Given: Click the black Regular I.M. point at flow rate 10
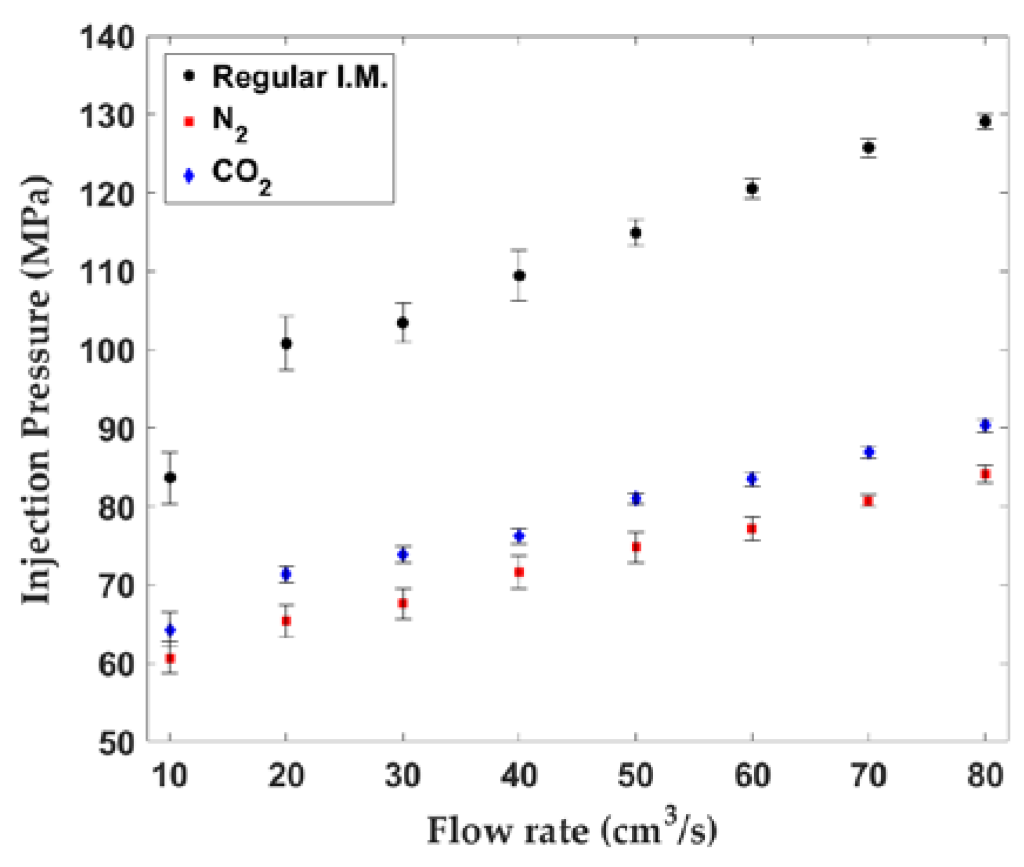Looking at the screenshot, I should click(170, 477).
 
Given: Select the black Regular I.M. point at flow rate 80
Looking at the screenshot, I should click(985, 122).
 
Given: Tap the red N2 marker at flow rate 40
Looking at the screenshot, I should click(519, 572).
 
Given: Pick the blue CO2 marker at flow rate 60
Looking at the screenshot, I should click(752, 479).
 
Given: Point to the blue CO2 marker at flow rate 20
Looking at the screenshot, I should click(286, 574).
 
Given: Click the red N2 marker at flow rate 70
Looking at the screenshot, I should click(868, 501).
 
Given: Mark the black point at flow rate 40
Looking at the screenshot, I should click(519, 276).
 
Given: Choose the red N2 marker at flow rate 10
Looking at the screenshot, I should click(170, 658).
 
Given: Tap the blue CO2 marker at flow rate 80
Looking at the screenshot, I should click(985, 425).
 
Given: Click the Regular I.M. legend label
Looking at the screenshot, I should click(300, 77).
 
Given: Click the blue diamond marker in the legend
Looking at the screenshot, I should click(189, 175).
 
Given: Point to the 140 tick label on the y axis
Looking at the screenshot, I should click(107, 39).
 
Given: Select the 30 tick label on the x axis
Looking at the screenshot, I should click(403, 776).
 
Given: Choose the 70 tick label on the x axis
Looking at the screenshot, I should click(868, 776).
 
